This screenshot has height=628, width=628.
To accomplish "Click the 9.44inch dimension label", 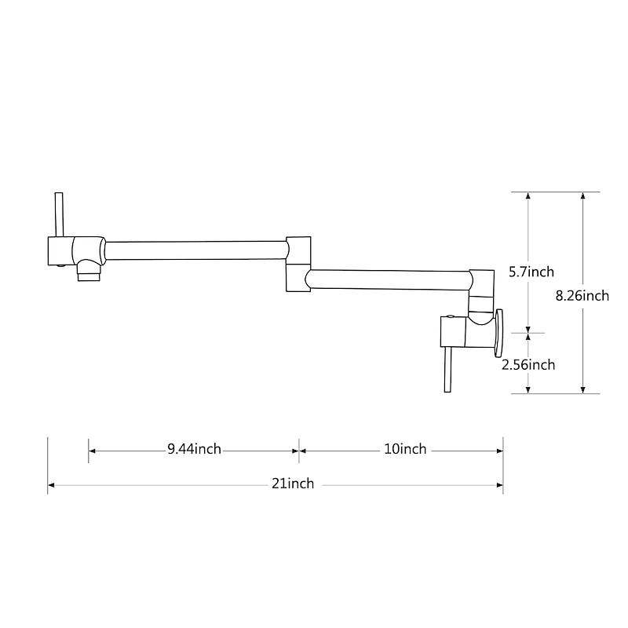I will click(194, 450).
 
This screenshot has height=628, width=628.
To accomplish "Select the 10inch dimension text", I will click(405, 450).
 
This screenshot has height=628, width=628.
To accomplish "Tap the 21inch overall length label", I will click(293, 484).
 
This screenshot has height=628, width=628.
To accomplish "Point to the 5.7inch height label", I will click(531, 272).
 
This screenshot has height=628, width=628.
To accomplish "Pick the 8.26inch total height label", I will click(582, 296).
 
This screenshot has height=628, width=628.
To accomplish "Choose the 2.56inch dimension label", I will click(529, 364).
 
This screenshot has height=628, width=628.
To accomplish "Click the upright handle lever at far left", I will click(57, 214).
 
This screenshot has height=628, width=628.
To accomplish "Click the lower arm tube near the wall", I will click(389, 279).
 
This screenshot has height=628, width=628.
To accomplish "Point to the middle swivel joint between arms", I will click(298, 263).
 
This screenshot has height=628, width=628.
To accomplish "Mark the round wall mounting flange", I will click(499, 331).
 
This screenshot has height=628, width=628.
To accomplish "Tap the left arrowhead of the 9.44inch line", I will click(92, 451).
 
